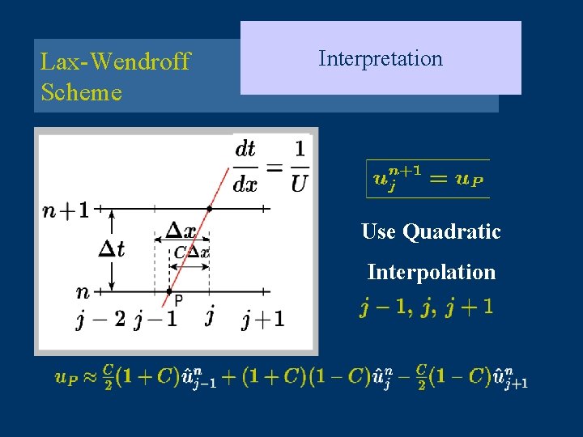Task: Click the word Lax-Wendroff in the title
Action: pyautogui.click(x=115, y=62)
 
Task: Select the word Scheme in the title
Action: pyautogui.click(x=81, y=92)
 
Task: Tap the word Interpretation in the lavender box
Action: pyautogui.click(x=381, y=58)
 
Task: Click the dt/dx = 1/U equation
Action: pyautogui.click(x=271, y=167)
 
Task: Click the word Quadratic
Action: pyautogui.click(x=452, y=232)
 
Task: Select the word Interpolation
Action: pyautogui.click(x=431, y=272)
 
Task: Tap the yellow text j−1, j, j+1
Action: pyautogui.click(x=426, y=308)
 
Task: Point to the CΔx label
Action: pyautogui.click(x=191, y=252)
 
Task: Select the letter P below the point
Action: pyautogui.click(x=178, y=300)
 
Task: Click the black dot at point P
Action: pyautogui.click(x=168, y=291)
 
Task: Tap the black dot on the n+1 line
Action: pyautogui.click(x=209, y=208)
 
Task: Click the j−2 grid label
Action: pyautogui.click(x=100, y=319)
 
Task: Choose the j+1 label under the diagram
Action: pyautogui.click(x=263, y=319)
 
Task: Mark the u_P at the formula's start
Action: pyautogui.click(x=66, y=376)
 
